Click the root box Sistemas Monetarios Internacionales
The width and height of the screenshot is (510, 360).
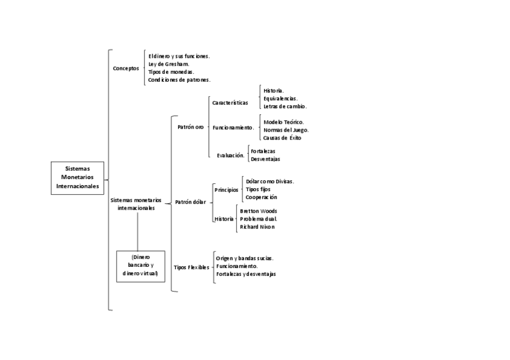tap(78, 178)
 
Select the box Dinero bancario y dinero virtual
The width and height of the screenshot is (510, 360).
tap(140, 266)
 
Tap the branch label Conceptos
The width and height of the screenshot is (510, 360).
tap(126, 69)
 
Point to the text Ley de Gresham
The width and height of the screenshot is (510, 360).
tap(169, 64)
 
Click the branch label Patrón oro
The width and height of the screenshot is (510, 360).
tap(190, 127)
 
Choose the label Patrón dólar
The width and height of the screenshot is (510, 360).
tap(190, 202)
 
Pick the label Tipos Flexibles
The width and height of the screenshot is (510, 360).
tap(191, 267)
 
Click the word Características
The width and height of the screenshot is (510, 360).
tap(230, 103)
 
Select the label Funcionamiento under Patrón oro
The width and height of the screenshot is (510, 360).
tap(233, 127)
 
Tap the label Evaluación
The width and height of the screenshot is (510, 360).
tap(230, 155)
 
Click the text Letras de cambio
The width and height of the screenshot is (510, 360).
tap(285, 106)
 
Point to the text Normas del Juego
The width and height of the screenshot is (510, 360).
tap(286, 130)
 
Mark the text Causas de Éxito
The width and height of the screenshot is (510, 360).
tap(282, 138)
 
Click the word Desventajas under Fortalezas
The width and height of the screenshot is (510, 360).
tap(265, 159)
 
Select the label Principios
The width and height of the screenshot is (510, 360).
tap(226, 189)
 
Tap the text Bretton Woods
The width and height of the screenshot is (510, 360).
tap(258, 211)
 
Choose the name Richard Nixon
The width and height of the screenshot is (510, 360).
tap(257, 227)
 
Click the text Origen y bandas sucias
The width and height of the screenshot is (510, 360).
tap(245, 258)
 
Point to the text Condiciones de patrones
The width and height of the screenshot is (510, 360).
tap(179, 79)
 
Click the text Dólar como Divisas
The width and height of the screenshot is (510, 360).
tap(269, 181)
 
